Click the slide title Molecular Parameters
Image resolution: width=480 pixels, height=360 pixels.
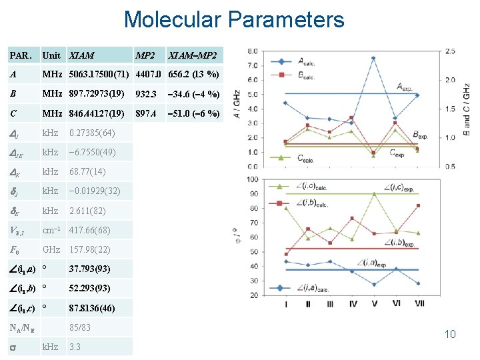pos(234,19)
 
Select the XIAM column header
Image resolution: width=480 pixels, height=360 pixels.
pos(81,55)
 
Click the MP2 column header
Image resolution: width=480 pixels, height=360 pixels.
pos(146,55)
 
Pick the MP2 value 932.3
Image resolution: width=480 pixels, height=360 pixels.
pos(147,94)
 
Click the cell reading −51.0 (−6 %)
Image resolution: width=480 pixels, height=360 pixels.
pos(193,113)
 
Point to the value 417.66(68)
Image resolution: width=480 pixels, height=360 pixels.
pos(89,230)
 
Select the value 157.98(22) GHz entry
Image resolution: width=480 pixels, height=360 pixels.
pos(89,249)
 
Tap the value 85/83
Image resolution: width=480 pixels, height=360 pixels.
pos(79,327)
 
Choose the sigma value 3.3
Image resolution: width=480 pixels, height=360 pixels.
pos(75,347)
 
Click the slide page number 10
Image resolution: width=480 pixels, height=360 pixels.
pos(450,334)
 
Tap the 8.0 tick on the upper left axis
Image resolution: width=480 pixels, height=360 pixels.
pos(253,51)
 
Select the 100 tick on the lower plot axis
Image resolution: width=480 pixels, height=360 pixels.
pos(253,179)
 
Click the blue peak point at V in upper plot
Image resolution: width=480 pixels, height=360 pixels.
pos(373,58)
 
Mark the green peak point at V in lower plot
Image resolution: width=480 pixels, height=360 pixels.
pos(373,193)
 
